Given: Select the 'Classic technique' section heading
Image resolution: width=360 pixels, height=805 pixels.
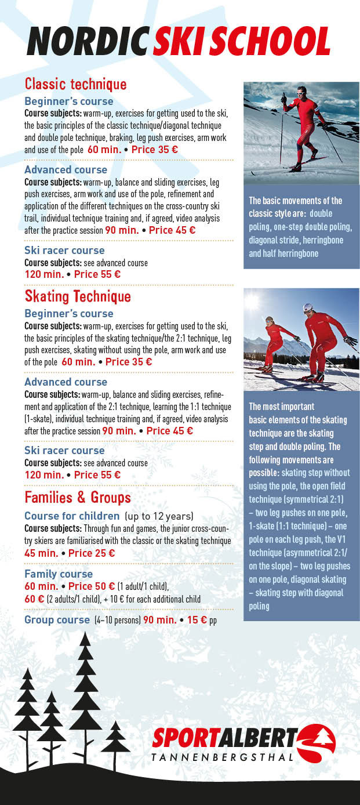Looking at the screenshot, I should [75, 84].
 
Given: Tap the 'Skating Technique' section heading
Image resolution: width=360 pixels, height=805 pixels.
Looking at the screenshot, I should [78, 297].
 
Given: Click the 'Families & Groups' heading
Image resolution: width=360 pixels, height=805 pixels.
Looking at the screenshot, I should [78, 498].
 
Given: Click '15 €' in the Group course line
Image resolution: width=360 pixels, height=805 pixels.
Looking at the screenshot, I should [195, 620].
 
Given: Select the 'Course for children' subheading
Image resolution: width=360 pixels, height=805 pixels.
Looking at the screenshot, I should [72, 516].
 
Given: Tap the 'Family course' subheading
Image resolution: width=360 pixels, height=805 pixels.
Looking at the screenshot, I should [59, 574].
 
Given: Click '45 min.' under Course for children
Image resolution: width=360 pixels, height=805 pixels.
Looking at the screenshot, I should [40, 553].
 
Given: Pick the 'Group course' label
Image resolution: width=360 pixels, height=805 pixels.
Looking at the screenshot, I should [57, 620].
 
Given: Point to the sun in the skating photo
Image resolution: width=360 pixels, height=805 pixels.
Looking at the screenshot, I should [253, 301].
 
